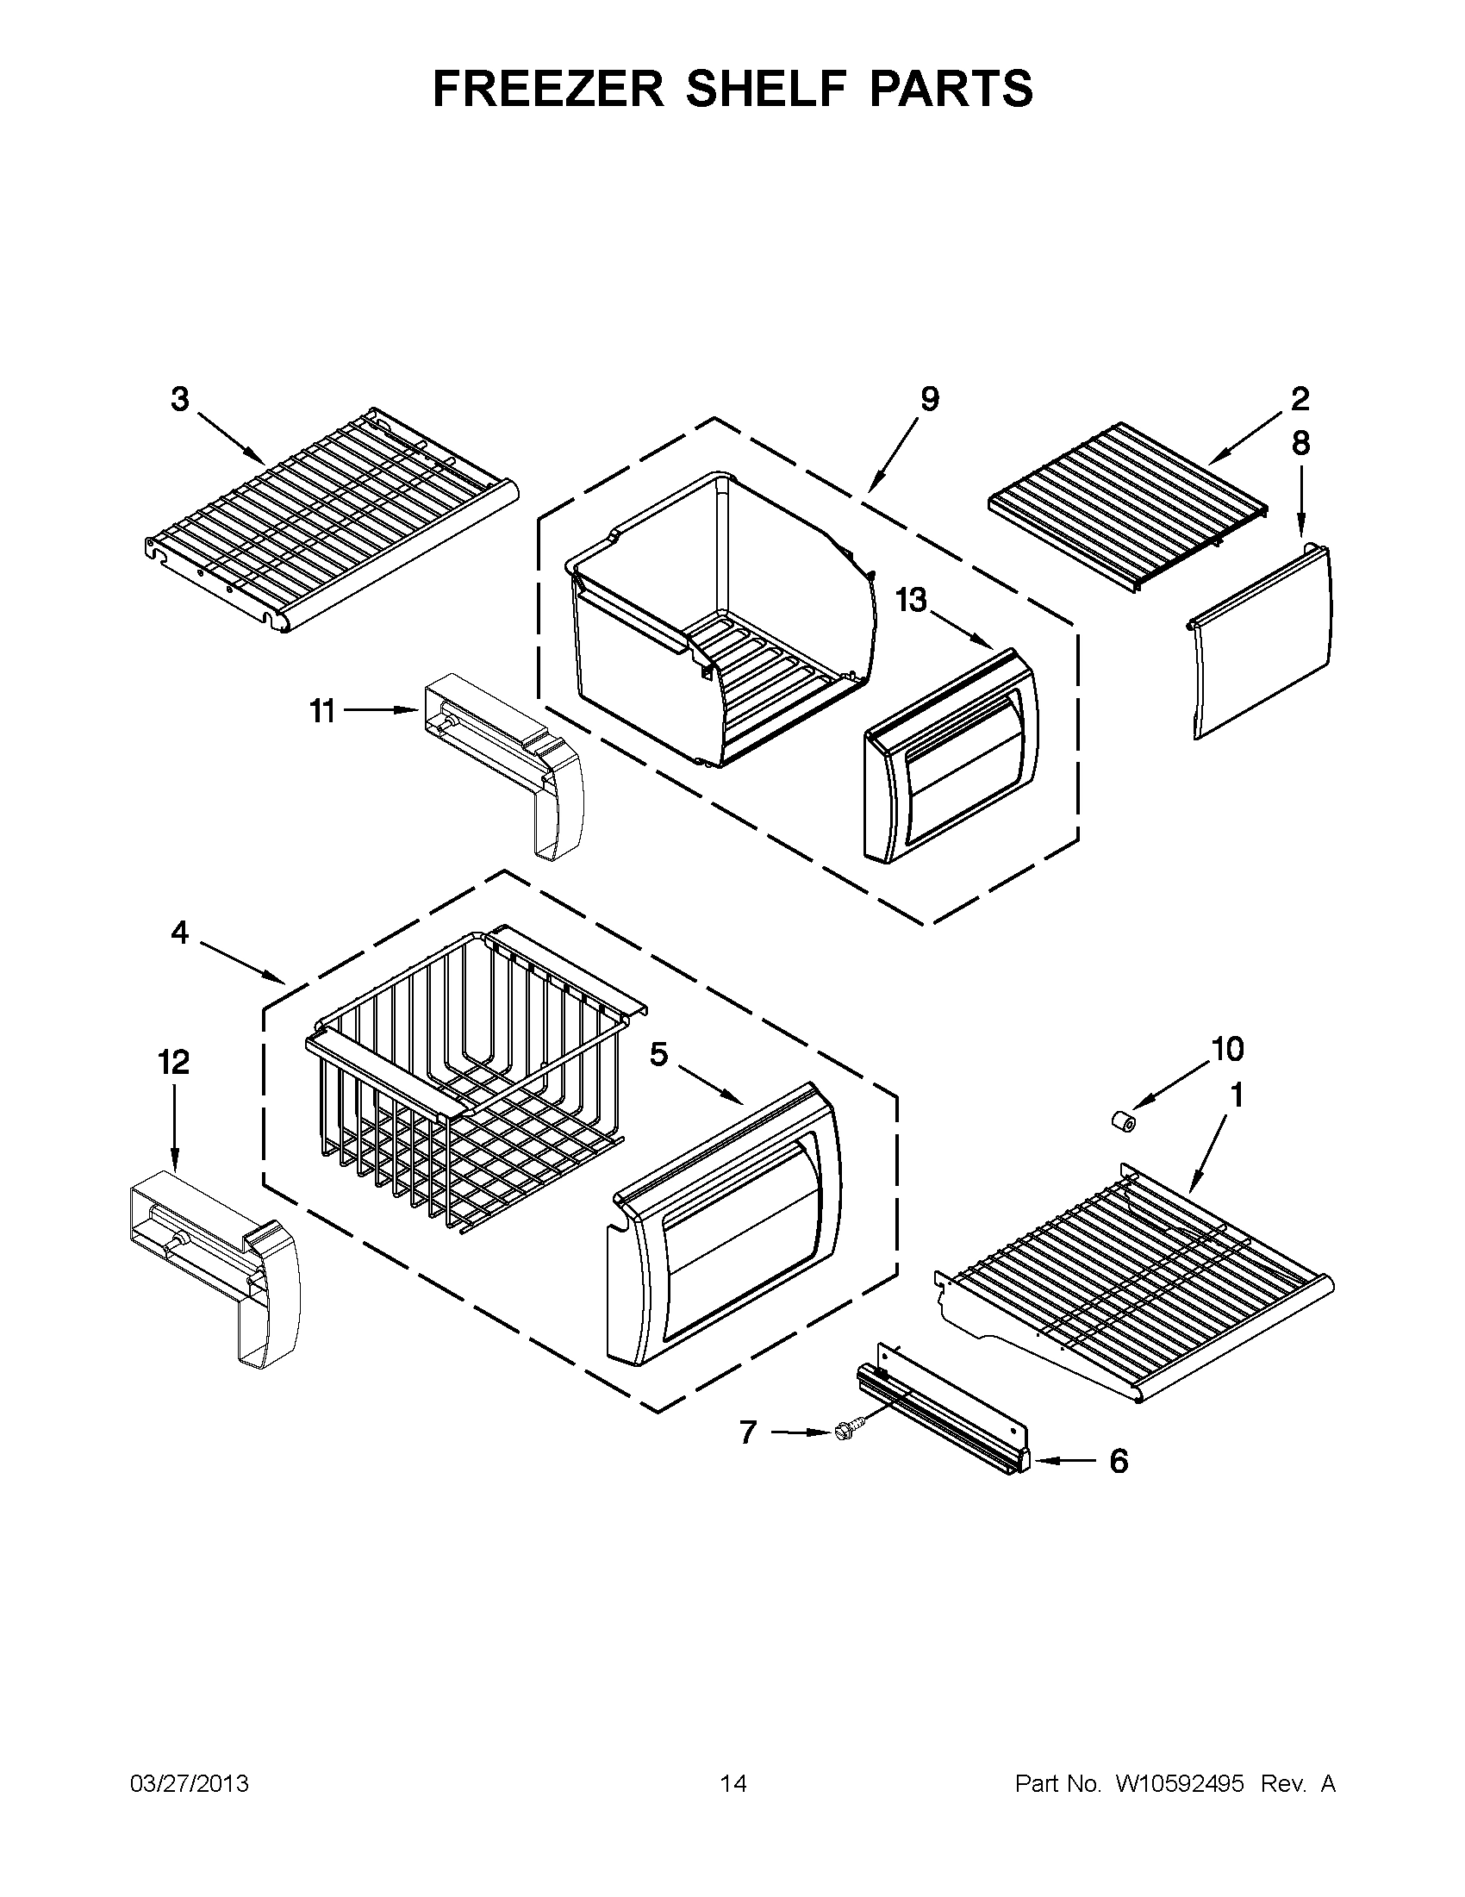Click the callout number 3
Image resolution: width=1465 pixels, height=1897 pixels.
coord(180,400)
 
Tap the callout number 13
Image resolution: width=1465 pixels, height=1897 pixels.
coord(911,599)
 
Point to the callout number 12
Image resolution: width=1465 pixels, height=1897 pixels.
coord(174,1063)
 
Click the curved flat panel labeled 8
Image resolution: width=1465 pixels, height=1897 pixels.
coord(1259,643)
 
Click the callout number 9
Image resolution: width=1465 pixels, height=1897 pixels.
coord(929,400)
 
